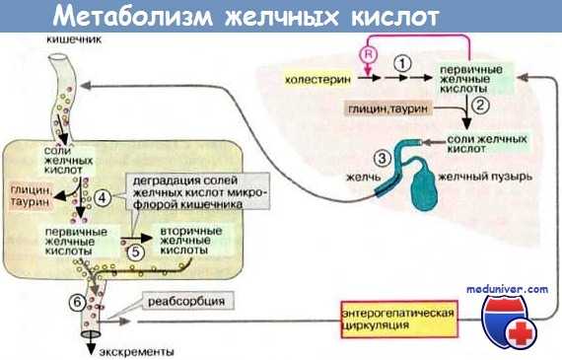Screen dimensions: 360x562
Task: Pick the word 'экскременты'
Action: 135,350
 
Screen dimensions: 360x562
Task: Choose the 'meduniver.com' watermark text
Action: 509,289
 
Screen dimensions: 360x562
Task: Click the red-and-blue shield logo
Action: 509,323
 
